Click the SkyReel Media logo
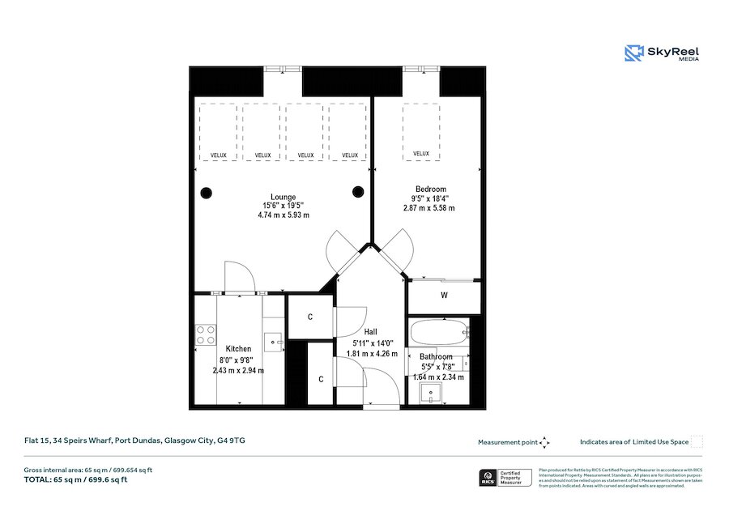click(662, 54)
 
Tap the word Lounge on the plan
click(283, 197)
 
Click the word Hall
click(370, 332)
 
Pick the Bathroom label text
click(435, 356)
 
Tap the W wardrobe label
click(444, 296)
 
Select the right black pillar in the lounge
click(357, 192)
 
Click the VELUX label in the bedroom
click(421, 154)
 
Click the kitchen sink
click(275, 343)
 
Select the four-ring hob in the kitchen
click(206, 335)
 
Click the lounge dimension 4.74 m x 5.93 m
click(283, 215)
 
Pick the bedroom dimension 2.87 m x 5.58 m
click(428, 208)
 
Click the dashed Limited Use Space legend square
click(697, 442)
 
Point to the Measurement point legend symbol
click(544, 442)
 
